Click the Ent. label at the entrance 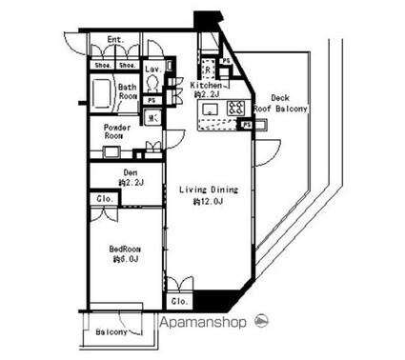pos(115,40)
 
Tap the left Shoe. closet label pos(102,65)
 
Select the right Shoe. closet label pos(126,65)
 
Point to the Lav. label pos(152,70)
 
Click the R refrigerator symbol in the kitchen pos(208,70)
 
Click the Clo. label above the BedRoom pos(104,199)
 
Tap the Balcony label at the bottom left pos(113,332)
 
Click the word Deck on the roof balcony pos(280,98)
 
